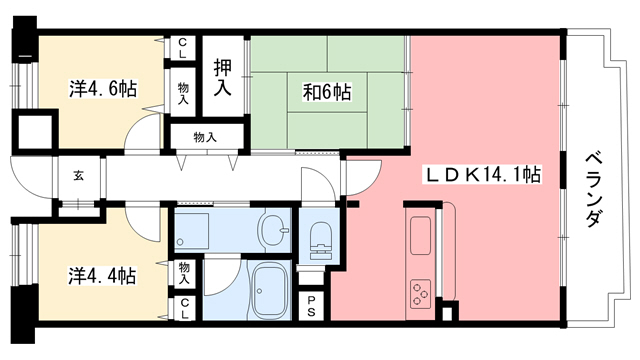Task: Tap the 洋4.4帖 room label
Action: (x=102, y=274)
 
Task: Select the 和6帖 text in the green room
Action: (x=327, y=93)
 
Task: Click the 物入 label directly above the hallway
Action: (x=205, y=137)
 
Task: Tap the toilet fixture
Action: (x=319, y=241)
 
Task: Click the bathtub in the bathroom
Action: (x=267, y=292)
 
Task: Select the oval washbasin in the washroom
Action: (x=270, y=232)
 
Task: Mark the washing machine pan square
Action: (x=192, y=230)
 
